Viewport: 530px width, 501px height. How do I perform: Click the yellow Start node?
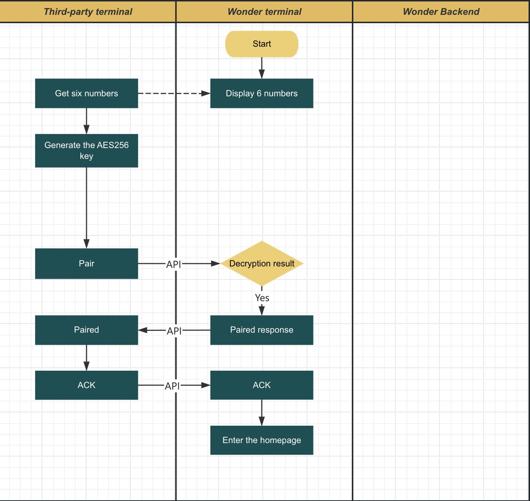coord(262,44)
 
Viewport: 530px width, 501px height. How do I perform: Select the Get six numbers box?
coord(87,93)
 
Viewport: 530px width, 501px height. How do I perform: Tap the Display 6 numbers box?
coord(262,93)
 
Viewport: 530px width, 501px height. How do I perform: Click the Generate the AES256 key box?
coord(87,151)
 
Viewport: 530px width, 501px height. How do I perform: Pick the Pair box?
coord(87,264)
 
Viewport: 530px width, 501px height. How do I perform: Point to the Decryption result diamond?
coord(262,264)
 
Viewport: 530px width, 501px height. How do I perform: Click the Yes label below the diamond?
coord(262,298)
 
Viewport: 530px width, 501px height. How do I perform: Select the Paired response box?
coord(262,330)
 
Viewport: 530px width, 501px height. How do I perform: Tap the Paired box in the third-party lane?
coord(87,330)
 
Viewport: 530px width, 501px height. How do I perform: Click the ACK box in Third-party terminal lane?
coord(87,385)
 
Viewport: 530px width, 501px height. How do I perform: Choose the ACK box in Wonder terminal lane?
coord(262,385)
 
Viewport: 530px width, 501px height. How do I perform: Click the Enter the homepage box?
coord(262,440)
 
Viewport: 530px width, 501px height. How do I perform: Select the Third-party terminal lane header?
coord(88,12)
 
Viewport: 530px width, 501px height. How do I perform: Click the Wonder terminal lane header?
coord(264,12)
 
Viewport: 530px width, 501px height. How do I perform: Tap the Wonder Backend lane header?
coord(441,12)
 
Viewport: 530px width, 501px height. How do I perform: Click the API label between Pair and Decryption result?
coord(173,264)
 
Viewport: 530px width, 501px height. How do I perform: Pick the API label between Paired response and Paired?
coord(174,331)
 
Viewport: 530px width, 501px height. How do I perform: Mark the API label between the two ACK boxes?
coord(172,386)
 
